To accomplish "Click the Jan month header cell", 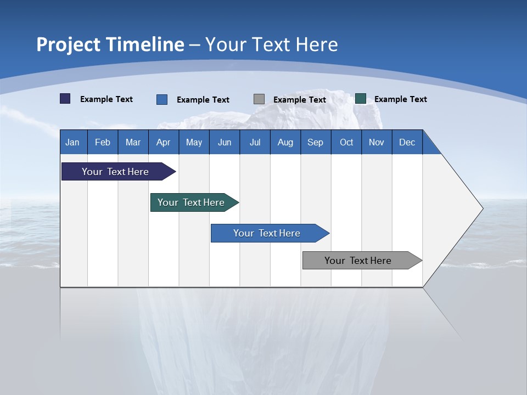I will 73,142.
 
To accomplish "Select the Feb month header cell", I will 103,142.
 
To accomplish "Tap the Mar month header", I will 133,142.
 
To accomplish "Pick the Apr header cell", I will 164,142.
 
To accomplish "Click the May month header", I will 194,142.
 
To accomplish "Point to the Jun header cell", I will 225,142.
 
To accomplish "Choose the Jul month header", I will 255,142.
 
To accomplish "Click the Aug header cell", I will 285,142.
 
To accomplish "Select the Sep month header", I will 316,142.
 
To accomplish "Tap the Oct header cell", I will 346,142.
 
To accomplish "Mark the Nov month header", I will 377,142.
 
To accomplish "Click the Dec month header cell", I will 407,142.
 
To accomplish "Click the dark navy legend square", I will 65,99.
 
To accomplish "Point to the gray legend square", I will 259,99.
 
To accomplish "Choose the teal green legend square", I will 361,99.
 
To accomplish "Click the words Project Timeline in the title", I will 110,44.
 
